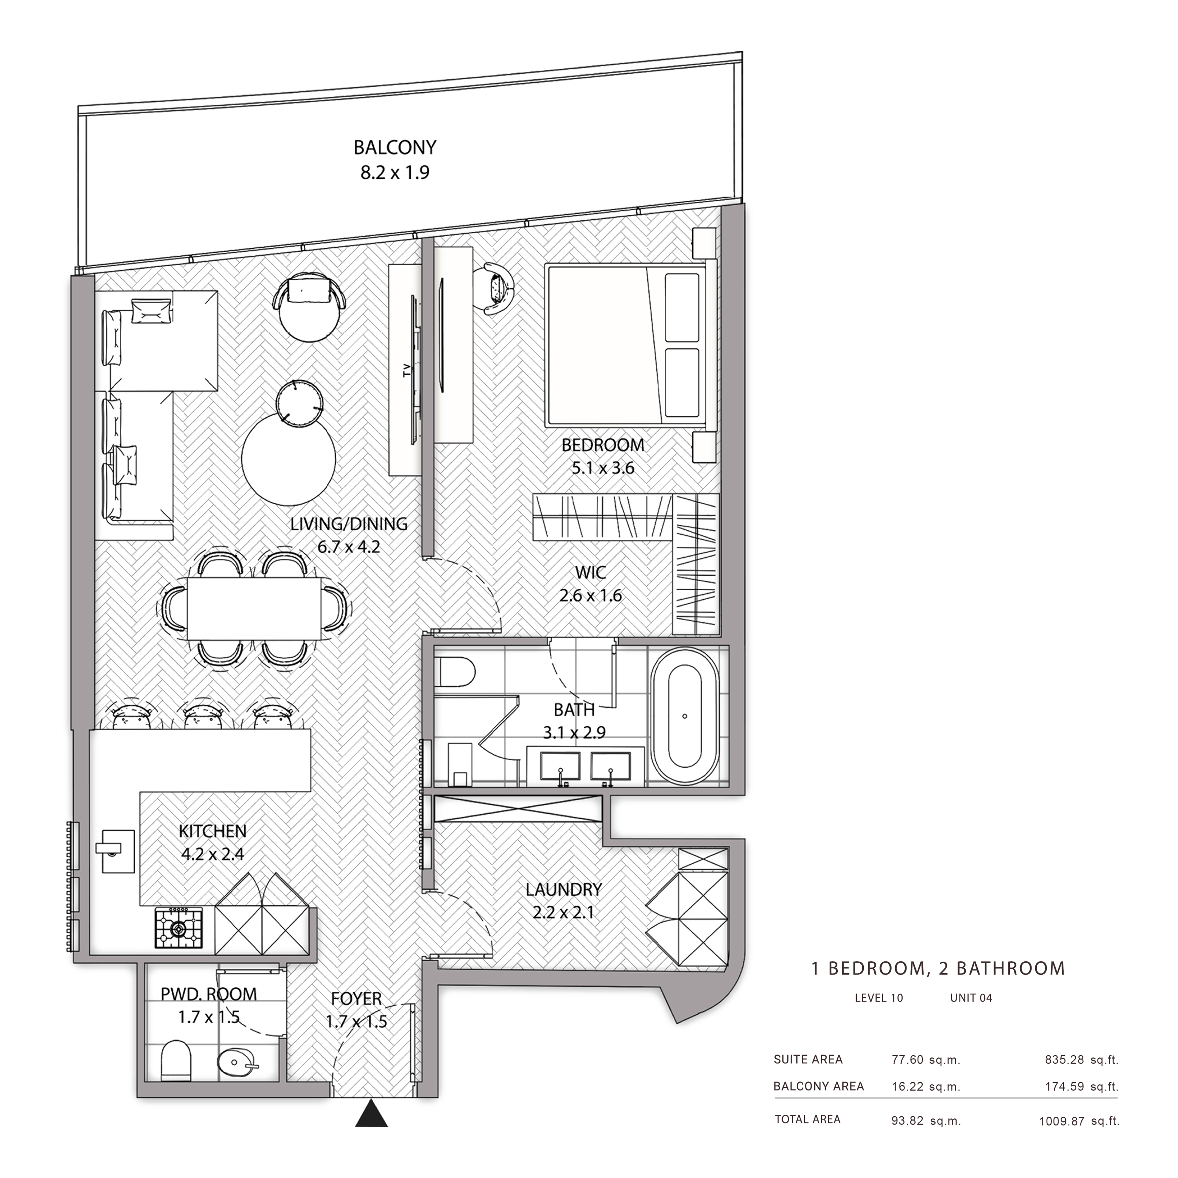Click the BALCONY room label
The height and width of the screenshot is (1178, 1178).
click(x=395, y=147)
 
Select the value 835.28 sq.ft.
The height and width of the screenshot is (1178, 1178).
click(x=1082, y=1060)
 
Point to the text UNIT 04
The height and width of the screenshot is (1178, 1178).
click(x=971, y=998)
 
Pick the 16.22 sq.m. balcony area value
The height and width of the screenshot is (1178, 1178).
click(x=926, y=1086)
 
